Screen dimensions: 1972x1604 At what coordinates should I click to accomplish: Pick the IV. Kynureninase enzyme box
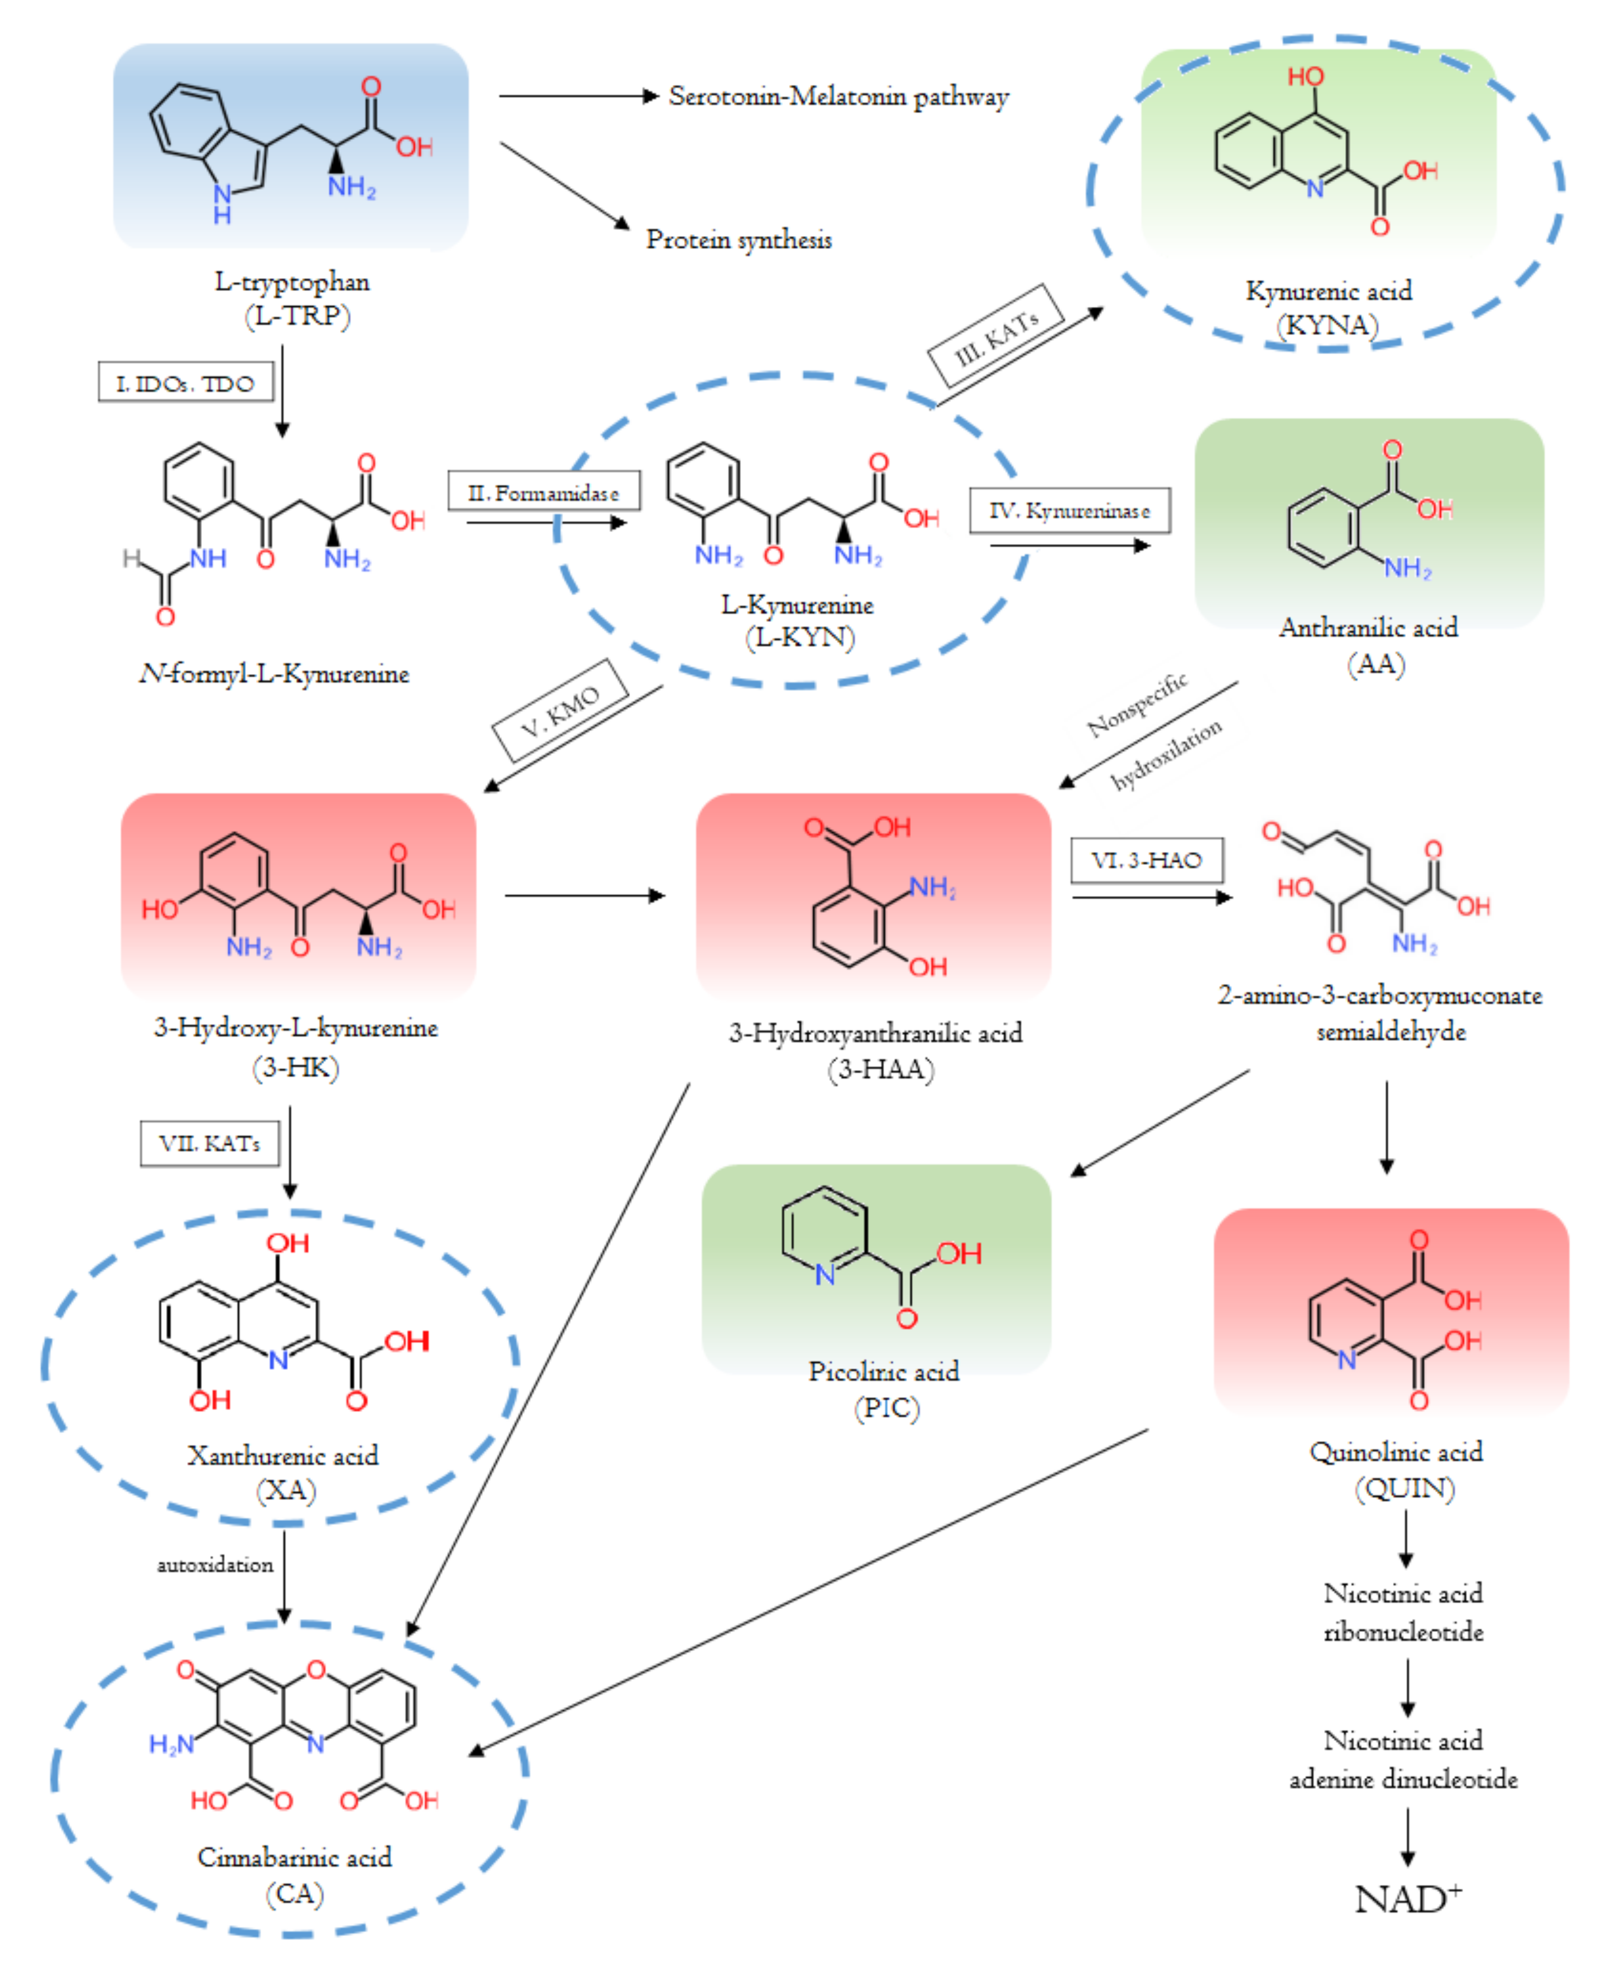(x=1069, y=511)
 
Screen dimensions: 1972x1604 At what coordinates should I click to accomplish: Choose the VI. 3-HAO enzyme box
(x=1146, y=860)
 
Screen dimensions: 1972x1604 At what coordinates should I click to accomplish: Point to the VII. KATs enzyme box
(x=209, y=1143)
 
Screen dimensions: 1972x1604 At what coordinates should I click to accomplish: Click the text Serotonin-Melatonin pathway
(x=838, y=96)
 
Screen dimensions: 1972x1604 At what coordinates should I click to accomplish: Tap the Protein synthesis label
(x=738, y=240)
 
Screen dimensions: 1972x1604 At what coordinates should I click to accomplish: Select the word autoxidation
(x=214, y=1565)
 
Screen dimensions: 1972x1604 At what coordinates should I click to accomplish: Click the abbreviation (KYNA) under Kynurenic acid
(x=1327, y=326)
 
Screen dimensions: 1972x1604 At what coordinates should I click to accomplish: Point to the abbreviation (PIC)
(x=886, y=1408)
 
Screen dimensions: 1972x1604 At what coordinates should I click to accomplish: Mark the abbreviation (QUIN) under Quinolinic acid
(x=1404, y=1488)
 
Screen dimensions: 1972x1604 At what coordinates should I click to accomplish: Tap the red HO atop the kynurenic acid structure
(x=1305, y=77)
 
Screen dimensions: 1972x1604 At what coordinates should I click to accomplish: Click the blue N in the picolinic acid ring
(x=824, y=1276)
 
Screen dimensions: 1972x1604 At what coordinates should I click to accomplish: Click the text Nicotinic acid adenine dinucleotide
(x=1403, y=1759)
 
